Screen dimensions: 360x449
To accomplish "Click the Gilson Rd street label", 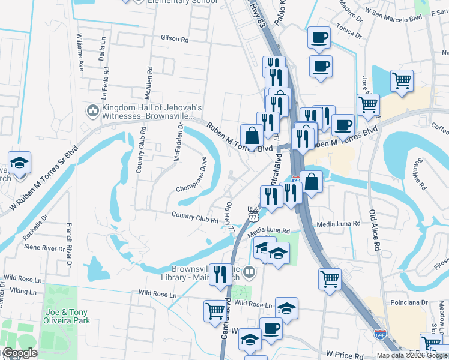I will [175, 38].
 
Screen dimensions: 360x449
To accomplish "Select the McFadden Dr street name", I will [178, 142].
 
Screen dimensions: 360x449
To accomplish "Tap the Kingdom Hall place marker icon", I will [92, 111].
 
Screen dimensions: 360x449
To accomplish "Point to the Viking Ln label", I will [20, 292].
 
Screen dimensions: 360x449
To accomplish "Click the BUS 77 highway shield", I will [253, 212].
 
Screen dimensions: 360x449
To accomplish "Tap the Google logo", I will [20, 353].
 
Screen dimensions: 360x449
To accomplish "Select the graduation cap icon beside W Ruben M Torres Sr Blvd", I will [20, 163].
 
